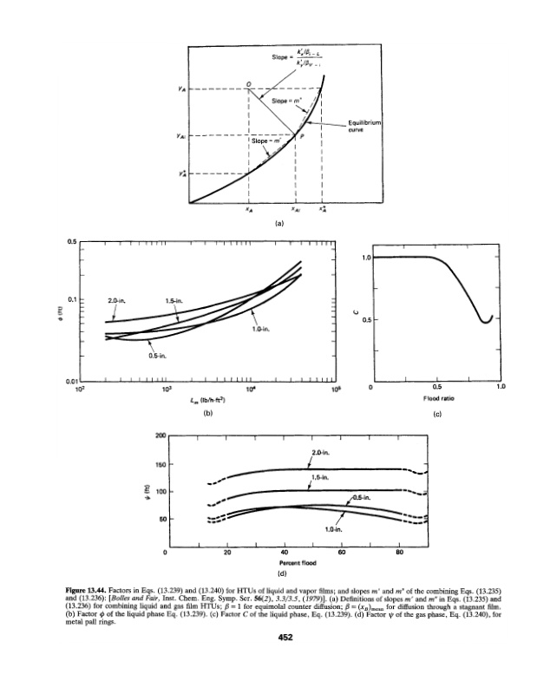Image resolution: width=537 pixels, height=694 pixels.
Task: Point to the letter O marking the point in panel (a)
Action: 248,83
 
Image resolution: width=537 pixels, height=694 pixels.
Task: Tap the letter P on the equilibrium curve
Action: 302,137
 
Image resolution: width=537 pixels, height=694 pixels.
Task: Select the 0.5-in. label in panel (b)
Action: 157,355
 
